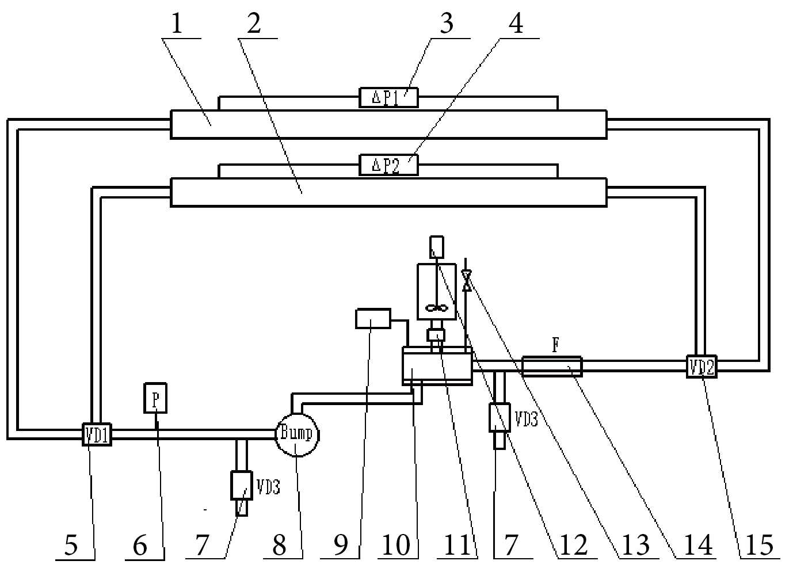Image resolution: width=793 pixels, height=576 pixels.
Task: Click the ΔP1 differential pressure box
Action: click(x=388, y=98)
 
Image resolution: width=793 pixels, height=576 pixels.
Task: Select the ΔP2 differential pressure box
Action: click(x=388, y=165)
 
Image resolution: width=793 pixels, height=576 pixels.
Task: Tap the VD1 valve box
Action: click(x=96, y=434)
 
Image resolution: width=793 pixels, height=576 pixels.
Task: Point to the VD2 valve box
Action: click(x=701, y=367)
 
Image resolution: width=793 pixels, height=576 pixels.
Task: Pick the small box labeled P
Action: click(x=155, y=398)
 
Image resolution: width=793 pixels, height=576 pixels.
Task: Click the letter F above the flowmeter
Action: click(x=556, y=345)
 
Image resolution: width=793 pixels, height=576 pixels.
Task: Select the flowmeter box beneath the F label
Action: click(x=552, y=367)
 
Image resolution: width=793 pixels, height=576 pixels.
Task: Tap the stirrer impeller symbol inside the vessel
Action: click(x=437, y=308)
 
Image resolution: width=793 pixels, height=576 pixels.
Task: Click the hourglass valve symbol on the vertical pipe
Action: click(x=467, y=281)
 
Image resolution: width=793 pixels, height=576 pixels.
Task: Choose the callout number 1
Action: click(x=177, y=24)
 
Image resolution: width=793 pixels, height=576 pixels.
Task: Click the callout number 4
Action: click(x=516, y=24)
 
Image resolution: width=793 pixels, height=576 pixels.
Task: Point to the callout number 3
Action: click(x=447, y=24)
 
